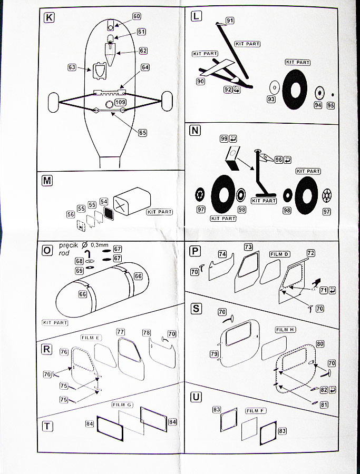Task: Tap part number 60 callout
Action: pyautogui.click(x=137, y=16)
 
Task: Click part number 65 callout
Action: pyautogui.click(x=143, y=133)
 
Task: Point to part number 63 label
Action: pyautogui.click(x=72, y=67)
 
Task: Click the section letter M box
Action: pyautogui.click(x=47, y=181)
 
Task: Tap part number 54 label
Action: pyautogui.click(x=104, y=202)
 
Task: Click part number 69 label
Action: pyautogui.click(x=79, y=270)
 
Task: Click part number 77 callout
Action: pyautogui.click(x=121, y=332)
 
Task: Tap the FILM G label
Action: pyautogui.click(x=122, y=404)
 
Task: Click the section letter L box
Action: pyautogui.click(x=196, y=16)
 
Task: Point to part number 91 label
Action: pyautogui.click(x=230, y=21)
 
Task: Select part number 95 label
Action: pyautogui.click(x=330, y=105)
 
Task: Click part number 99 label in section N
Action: pyautogui.click(x=225, y=139)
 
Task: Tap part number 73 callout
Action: pyautogui.click(x=248, y=247)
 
